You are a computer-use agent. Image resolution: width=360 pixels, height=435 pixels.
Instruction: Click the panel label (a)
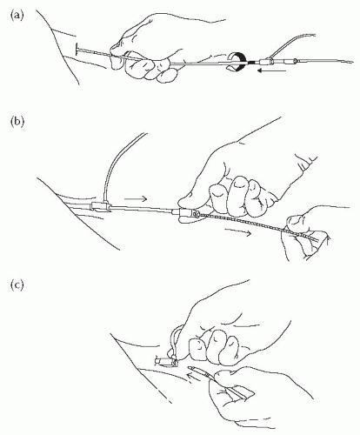pos(17,16)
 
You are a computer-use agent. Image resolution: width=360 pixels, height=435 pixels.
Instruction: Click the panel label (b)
pos(17,122)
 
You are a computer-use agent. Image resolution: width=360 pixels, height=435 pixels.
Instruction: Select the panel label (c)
pos(17,285)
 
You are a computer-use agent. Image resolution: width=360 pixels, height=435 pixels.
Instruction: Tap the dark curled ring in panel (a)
pos(237,62)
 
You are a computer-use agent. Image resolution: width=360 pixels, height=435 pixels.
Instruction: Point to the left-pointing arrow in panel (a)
pos(272,70)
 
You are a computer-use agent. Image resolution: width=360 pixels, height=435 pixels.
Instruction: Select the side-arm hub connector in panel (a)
pos(267,62)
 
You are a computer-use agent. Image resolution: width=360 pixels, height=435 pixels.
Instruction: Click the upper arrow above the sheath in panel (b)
pos(136,198)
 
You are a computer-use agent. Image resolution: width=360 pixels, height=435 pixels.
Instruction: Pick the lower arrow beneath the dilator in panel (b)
pos(237,231)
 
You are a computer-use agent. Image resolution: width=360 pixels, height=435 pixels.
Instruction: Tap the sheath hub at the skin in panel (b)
pos(100,206)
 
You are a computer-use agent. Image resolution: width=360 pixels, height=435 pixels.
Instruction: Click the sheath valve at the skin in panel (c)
pos(166,361)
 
